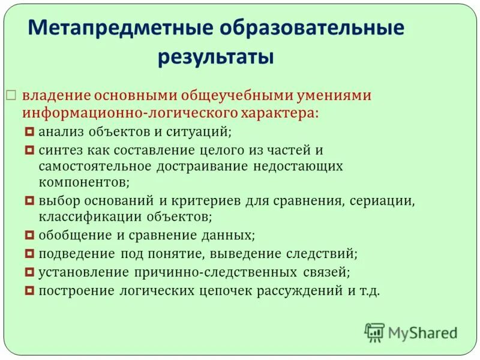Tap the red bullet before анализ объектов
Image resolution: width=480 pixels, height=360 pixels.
(x=31, y=130)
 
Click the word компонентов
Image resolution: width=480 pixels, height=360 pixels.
(x=81, y=182)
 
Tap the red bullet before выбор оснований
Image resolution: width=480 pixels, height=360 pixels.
(x=31, y=200)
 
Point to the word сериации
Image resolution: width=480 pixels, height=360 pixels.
(x=387, y=200)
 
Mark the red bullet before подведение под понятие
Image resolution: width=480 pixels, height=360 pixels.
(x=31, y=254)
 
